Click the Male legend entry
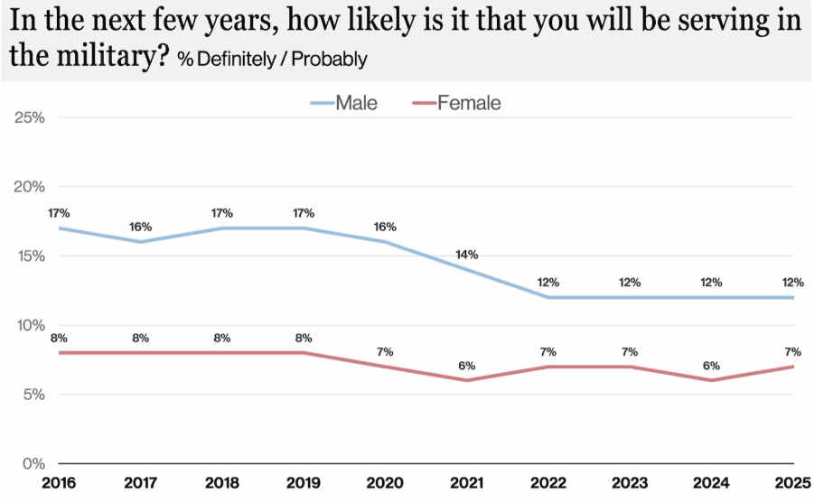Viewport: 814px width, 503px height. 343,103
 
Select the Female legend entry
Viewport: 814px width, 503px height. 456,103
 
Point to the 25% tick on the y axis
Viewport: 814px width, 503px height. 30,117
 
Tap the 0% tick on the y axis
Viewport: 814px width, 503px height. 33,463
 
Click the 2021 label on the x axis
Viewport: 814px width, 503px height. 467,483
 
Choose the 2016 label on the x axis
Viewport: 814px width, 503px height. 59,483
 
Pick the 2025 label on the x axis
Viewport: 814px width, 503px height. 792,483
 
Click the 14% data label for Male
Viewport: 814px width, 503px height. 467,255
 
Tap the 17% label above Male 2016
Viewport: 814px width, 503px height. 59,213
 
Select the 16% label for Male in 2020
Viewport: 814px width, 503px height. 385,227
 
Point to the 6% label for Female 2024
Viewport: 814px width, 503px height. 711,366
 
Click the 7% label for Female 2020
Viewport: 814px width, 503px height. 385,352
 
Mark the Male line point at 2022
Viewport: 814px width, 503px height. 548,297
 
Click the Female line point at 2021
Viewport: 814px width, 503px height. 467,380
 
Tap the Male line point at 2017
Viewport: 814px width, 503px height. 140,242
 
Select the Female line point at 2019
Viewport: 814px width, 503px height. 304,353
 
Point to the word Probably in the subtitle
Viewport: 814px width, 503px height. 329,60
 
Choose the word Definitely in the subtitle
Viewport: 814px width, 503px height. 237,60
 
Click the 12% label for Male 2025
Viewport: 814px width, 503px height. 792,283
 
